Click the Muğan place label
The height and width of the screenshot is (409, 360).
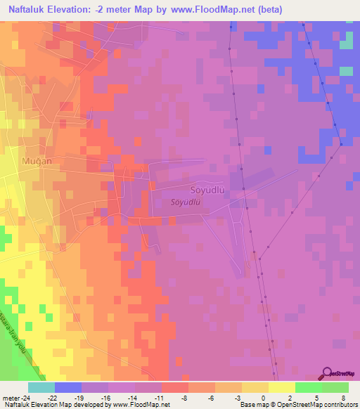point(37,161)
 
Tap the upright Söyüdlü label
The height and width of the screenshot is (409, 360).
point(207,190)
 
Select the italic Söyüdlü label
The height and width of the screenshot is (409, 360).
point(186,202)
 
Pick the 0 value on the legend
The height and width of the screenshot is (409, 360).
point(262,398)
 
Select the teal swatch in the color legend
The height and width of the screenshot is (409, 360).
point(41,387)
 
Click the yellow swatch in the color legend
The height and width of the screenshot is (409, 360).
point(281,387)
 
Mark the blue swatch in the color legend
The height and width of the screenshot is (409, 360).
point(68,387)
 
